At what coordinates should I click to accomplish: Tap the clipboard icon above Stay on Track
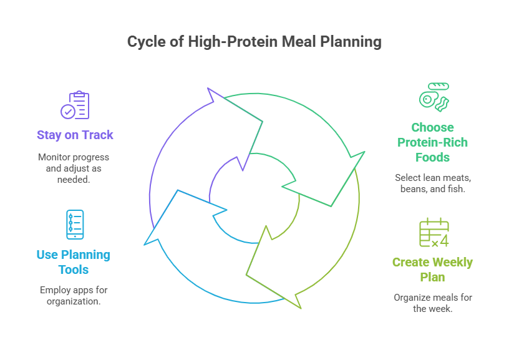tap(75, 105)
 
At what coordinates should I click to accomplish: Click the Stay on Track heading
tap(75, 135)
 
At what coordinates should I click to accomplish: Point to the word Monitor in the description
tap(54, 156)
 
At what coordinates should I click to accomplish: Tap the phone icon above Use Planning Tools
tap(75, 225)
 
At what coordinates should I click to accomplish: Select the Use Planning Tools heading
tap(74, 262)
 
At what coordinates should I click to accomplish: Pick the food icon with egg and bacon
tap(433, 97)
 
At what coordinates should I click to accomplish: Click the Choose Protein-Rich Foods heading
tap(432, 142)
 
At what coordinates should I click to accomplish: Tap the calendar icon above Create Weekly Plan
tap(434, 233)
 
